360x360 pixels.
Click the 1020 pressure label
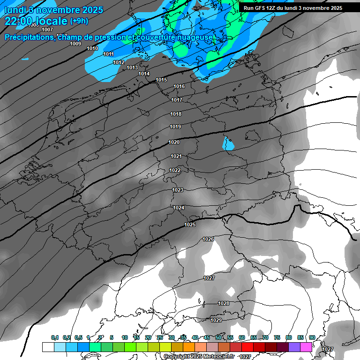tap(174, 142)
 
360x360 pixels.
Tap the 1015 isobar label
tap(161, 80)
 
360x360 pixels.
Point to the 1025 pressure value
tap(190, 225)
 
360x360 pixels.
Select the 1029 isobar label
tap(216, 320)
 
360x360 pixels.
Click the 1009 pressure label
tap(75, 44)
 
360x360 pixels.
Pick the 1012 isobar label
tap(119, 63)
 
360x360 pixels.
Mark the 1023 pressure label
tap(178, 190)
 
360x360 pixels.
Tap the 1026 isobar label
tap(209, 240)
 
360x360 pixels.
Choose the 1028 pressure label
tap(224, 304)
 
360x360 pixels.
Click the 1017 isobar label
tap(177, 100)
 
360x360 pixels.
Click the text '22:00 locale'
tap(36, 21)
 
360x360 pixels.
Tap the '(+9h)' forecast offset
tap(78, 21)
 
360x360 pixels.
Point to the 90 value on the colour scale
tap(312, 338)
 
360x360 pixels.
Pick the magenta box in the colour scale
tap(306, 347)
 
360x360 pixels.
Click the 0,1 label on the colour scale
tap(55, 338)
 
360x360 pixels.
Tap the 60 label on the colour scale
tap(242, 338)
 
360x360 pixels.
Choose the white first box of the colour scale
tap(48, 347)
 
